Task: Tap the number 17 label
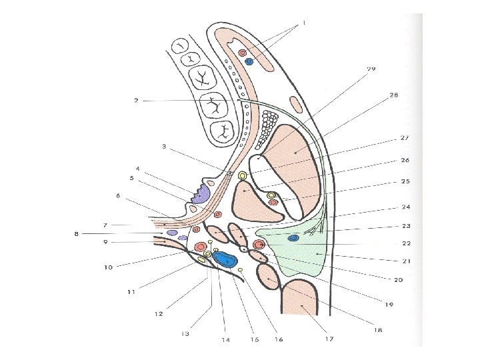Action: click(329, 339)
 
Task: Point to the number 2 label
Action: click(136, 101)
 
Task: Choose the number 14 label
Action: click(226, 340)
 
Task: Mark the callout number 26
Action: click(404, 161)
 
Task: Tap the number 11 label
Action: click(131, 291)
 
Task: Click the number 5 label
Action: click(132, 178)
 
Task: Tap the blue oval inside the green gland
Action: click(293, 238)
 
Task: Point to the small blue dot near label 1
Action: click(249, 61)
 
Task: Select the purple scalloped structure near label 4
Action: click(201, 194)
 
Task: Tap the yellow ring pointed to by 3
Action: click(242, 177)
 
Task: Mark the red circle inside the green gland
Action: click(260, 245)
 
